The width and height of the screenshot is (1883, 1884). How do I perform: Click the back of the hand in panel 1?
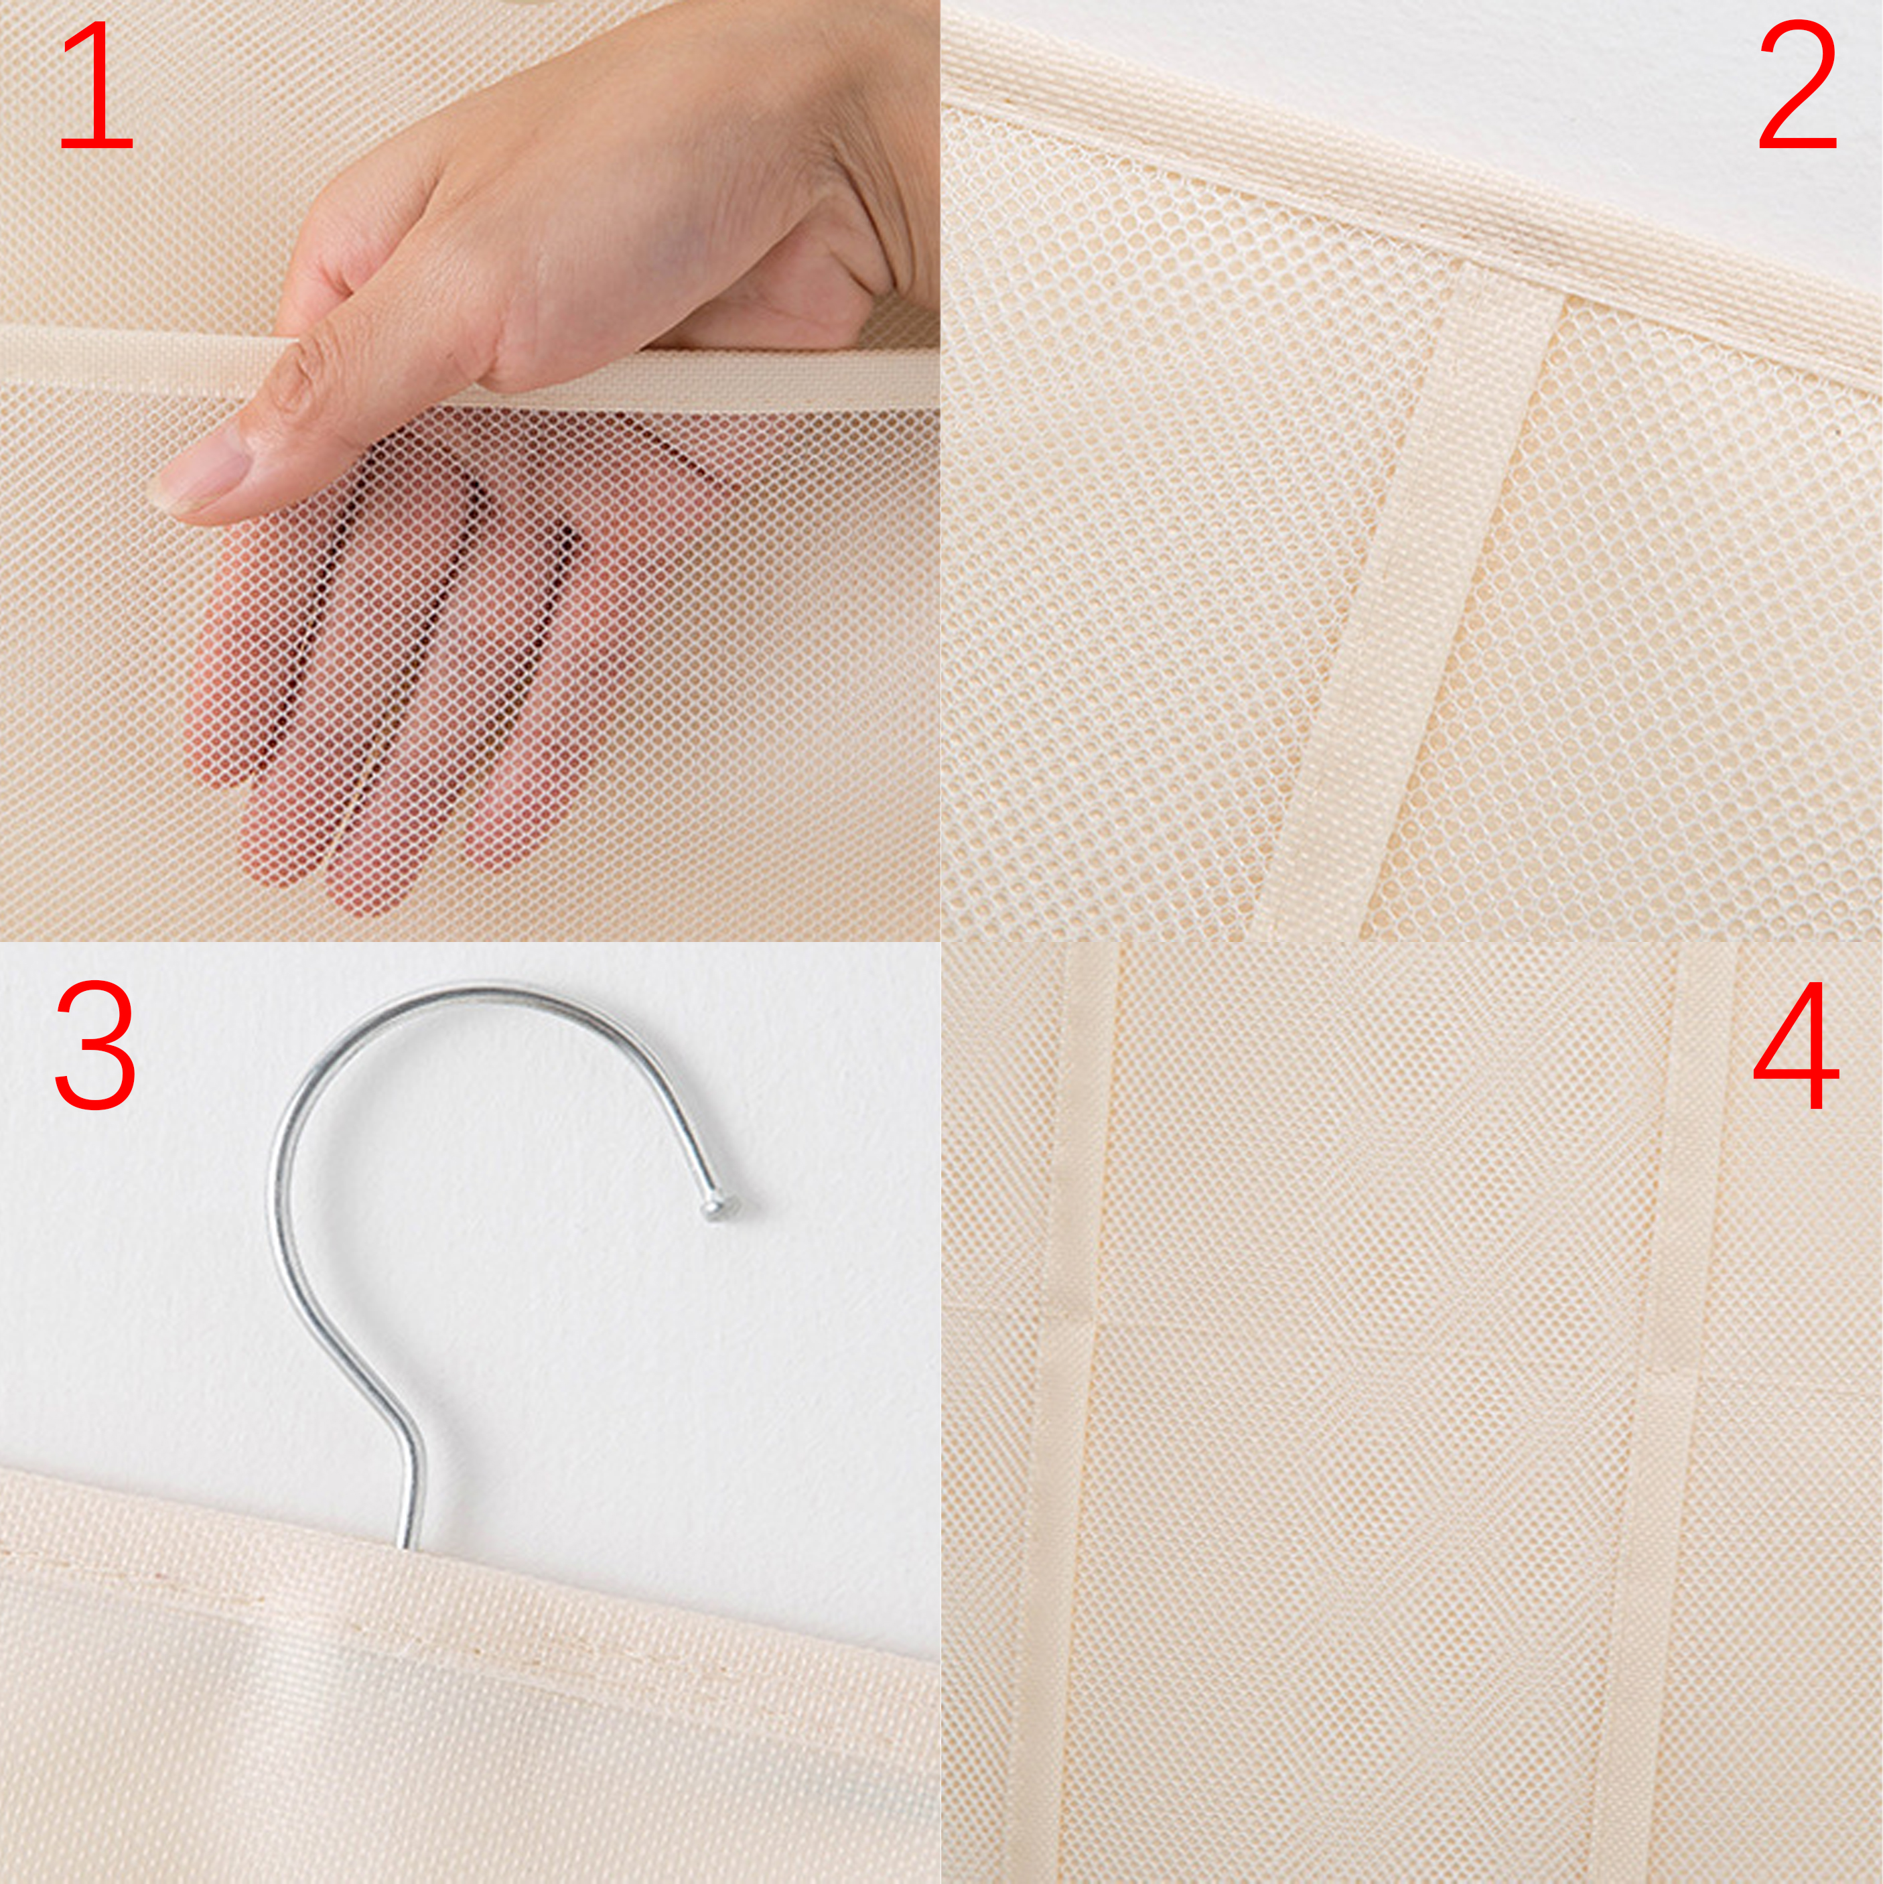pos(585,195)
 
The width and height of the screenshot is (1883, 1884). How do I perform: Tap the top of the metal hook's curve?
pos(468,992)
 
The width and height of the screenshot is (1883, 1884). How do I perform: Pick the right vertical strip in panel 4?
pos(1658,1414)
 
